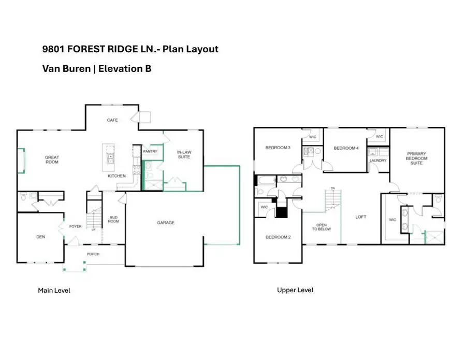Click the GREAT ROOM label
click(52, 160)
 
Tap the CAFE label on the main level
click(112, 120)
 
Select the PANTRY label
click(150, 152)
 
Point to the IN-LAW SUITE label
click(184, 154)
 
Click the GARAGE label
click(166, 223)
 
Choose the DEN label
click(40, 237)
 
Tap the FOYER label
click(76, 226)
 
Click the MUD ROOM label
click(113, 220)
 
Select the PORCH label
click(93, 254)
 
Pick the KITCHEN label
click(116, 176)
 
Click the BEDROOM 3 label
click(278, 148)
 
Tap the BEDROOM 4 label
click(346, 149)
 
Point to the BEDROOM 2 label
click(278, 237)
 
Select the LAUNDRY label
click(378, 161)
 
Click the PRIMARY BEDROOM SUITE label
click(416, 159)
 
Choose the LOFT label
click(361, 217)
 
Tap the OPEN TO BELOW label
click(322, 227)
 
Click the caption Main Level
click(54, 291)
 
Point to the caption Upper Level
click(295, 290)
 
